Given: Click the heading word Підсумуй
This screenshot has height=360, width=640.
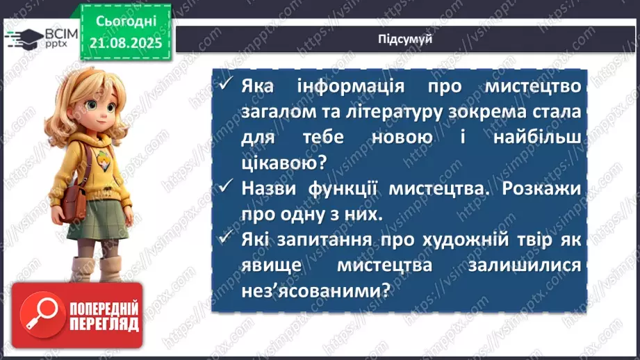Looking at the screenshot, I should coord(405,40).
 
